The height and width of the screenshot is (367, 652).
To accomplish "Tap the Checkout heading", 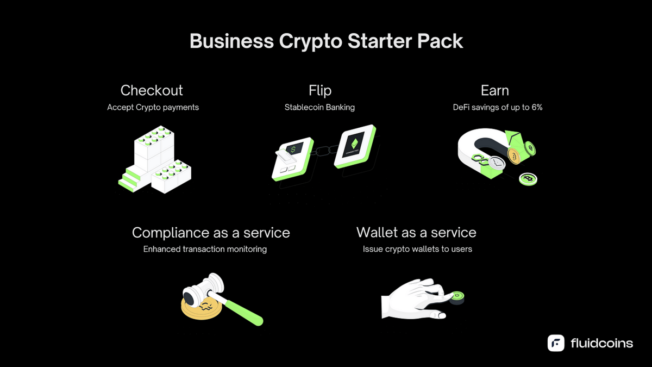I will (x=152, y=90).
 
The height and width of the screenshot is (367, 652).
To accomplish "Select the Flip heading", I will (x=319, y=90).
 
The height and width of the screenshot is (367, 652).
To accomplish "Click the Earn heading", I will (x=494, y=90).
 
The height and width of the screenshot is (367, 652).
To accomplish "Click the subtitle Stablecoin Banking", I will (x=319, y=108).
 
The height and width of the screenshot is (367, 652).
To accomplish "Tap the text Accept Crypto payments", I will (x=153, y=108).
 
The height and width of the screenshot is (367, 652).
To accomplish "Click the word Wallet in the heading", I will (x=377, y=233).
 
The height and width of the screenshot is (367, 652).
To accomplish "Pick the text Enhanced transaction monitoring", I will (x=205, y=250).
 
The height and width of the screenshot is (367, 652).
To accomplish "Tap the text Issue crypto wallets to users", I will (x=417, y=250).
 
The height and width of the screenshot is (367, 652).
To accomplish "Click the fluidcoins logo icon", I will (x=556, y=343).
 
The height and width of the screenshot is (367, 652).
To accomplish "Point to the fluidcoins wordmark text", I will (x=601, y=343).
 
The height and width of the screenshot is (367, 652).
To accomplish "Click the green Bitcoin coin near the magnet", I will (x=528, y=179).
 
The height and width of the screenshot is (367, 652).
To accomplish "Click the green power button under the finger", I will (x=457, y=296).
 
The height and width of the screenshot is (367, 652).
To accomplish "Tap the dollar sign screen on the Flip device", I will (x=293, y=149).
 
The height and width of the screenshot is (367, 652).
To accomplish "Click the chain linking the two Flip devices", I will (x=324, y=151).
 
